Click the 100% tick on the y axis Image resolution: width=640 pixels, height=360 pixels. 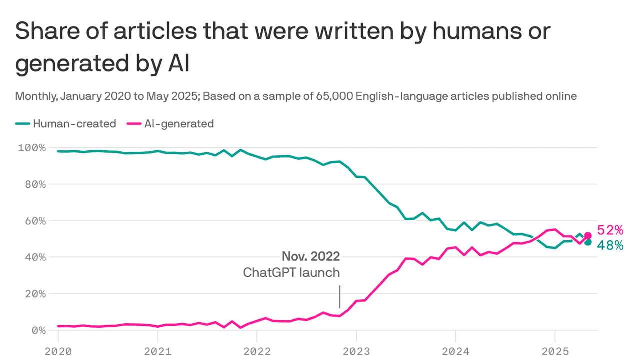pos(31,148)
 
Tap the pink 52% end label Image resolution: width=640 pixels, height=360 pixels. pos(610,230)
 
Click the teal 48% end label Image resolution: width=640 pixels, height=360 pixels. pos(610,245)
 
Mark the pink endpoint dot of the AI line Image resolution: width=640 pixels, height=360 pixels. pos(588,235)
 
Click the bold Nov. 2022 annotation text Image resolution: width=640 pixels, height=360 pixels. pos(311,257)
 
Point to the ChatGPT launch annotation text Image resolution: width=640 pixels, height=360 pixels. pos(291,273)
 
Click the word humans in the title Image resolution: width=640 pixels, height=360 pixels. pos(450,32)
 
